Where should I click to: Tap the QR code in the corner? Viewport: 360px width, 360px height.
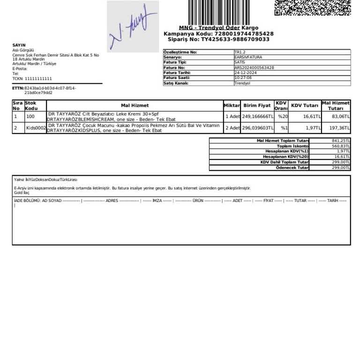pos(312,7)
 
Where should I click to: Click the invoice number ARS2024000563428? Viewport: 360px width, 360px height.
pos(254,67)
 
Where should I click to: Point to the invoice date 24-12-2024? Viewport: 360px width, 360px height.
pos(244,73)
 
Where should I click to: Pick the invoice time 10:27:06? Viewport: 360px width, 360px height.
pos(243,78)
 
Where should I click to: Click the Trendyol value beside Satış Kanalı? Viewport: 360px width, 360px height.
pos(242,83)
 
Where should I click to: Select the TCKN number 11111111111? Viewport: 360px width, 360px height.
pos(38,79)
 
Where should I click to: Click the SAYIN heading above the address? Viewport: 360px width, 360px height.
pos(19,45)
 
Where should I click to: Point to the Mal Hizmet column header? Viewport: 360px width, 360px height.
pos(135,105)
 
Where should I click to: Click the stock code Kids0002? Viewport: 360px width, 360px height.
pos(36,127)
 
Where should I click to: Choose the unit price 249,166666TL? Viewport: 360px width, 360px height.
pos(257,116)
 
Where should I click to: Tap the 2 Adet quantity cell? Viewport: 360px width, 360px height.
pos(232,127)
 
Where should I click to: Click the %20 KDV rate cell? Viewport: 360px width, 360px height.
pos(282,116)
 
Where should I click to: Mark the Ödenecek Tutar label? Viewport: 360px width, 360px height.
pos(292,167)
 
